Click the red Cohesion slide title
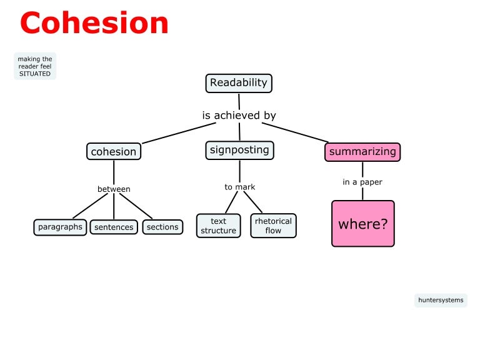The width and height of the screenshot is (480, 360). [x=94, y=23]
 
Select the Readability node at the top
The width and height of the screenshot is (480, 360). [x=239, y=82]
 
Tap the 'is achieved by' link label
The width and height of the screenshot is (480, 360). [x=239, y=116]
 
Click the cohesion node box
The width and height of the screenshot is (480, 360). [x=113, y=151]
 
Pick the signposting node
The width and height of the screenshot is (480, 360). [x=239, y=150]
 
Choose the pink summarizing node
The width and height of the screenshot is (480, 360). [x=362, y=152]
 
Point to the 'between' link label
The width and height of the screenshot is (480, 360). [x=114, y=189]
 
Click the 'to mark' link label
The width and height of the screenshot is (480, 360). [x=240, y=187]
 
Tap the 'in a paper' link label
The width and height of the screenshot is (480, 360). [x=362, y=182]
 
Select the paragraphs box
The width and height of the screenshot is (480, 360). [x=60, y=227]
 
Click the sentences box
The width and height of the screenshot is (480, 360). [x=114, y=227]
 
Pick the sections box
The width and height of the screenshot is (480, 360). [x=162, y=227]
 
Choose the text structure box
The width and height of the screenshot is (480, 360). [x=218, y=226]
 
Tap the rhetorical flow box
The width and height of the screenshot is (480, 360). [x=274, y=226]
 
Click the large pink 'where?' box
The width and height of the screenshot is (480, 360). [x=362, y=224]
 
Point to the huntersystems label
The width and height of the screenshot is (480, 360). [x=441, y=300]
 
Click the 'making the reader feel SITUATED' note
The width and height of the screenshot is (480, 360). [x=35, y=66]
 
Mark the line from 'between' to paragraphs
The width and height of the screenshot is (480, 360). [x=91, y=206]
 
